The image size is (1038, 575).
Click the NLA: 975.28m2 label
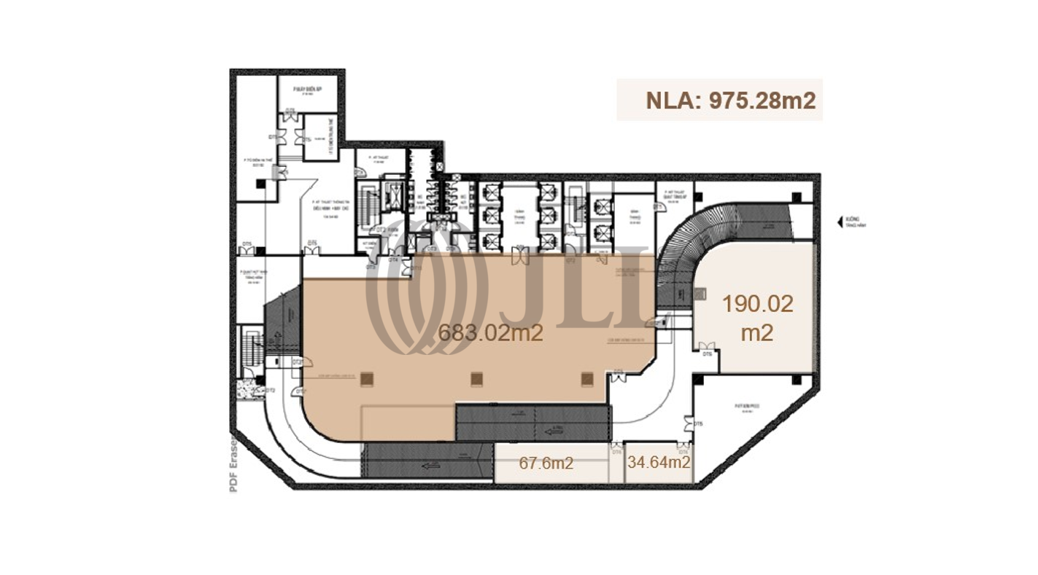(719, 100)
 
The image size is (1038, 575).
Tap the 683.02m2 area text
(490, 333)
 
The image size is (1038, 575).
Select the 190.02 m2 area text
(757, 318)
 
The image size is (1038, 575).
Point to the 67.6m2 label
(546, 463)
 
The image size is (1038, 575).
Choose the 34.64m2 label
(659, 462)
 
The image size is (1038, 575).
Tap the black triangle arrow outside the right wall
(841, 220)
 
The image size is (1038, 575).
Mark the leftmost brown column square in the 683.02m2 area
(367, 378)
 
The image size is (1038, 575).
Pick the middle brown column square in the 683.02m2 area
(477, 378)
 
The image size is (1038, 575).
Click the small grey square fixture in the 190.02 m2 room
(700, 294)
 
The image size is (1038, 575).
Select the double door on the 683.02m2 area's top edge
(519, 256)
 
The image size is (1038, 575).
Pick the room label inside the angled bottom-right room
(747, 407)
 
